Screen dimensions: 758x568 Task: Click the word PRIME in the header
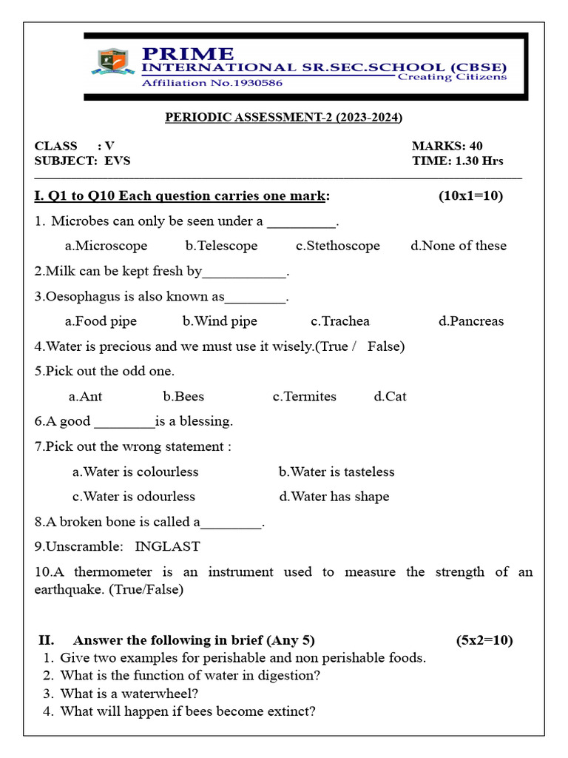pos(187,54)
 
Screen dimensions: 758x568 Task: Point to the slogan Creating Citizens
pos(452,76)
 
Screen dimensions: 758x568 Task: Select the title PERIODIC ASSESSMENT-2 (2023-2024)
pos(283,117)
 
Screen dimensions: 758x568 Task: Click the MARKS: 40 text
pos(447,146)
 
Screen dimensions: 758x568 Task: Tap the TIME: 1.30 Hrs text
pos(457,161)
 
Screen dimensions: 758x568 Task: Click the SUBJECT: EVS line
pos(82,161)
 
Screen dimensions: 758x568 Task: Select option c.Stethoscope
pos(337,246)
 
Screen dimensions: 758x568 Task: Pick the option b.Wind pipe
pos(220,321)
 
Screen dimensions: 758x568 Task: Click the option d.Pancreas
pos(470,321)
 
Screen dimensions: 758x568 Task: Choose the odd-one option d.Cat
pos(390,397)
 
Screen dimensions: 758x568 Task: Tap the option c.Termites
pos(304,397)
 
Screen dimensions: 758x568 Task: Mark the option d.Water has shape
pos(334,497)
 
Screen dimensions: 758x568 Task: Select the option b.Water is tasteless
pos(337,472)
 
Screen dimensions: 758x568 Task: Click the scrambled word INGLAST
pos(167,547)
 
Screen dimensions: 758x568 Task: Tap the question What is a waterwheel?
pos(129,694)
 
